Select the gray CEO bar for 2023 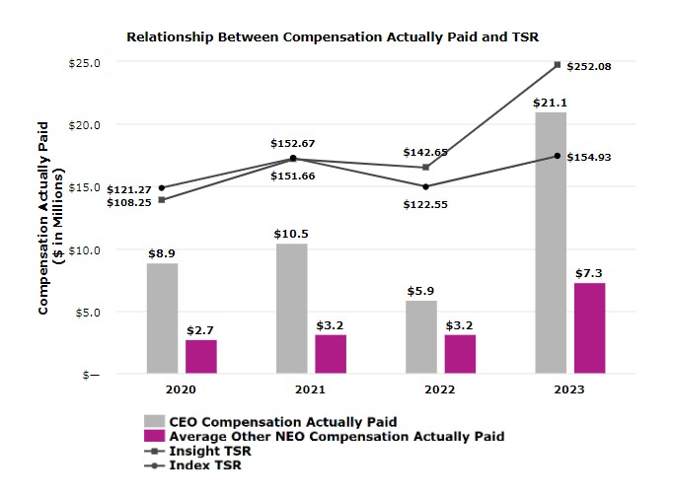pyautogui.click(x=551, y=244)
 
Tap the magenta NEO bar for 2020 pyautogui.click(x=200, y=357)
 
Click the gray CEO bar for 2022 pyautogui.click(x=421, y=337)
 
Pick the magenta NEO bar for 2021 pyautogui.click(x=331, y=354)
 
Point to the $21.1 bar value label pyautogui.click(x=551, y=103)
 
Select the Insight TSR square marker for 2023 pyautogui.click(x=558, y=65)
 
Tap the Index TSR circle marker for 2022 pyautogui.click(x=425, y=186)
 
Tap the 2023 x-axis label pyautogui.click(x=569, y=389)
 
